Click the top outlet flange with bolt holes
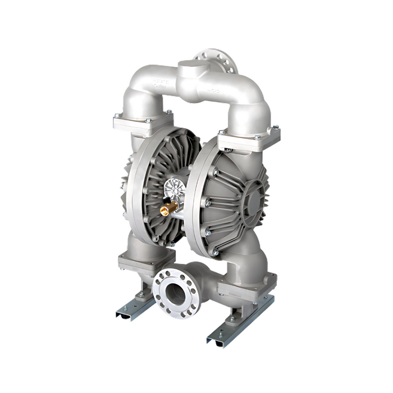coord(216,60)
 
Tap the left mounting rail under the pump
coord(135,307)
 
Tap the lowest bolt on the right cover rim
coord(215,253)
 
